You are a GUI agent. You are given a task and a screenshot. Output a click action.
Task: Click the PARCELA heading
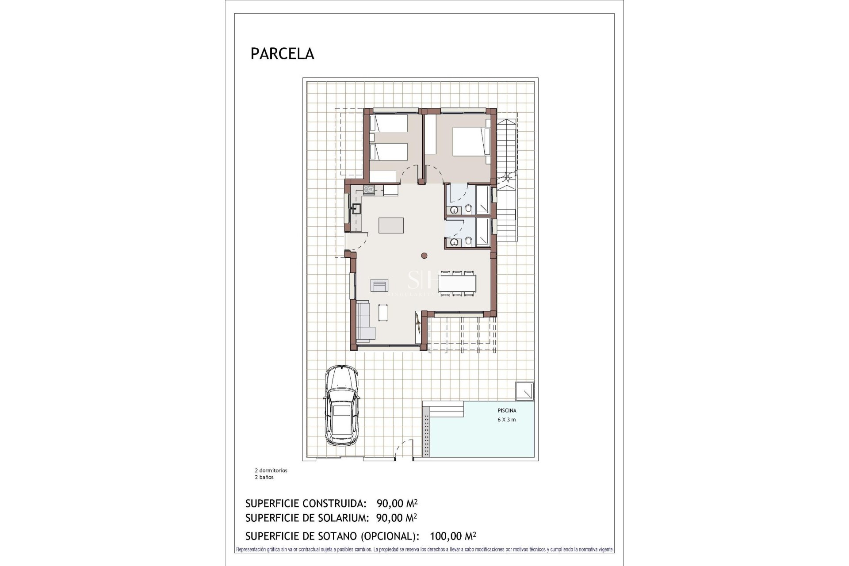[x=282, y=54]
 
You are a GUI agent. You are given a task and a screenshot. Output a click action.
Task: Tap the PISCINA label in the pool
[x=507, y=411]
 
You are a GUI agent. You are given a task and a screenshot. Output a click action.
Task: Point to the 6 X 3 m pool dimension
[x=507, y=420]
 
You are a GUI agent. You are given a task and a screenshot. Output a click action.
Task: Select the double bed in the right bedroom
[x=470, y=141]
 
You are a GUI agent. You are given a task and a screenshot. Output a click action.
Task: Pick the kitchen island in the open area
[x=391, y=225]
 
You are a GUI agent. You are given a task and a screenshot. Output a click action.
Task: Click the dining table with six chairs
[x=458, y=283]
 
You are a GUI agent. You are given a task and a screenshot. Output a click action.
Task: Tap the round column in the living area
[x=424, y=255]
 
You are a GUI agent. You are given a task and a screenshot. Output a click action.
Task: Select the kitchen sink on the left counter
[x=356, y=208]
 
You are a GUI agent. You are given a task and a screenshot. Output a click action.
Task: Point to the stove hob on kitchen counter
[x=369, y=190]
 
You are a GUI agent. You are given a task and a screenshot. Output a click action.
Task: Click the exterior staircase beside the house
[x=507, y=177]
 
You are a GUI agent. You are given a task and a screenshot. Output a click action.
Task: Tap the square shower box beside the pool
[x=525, y=392]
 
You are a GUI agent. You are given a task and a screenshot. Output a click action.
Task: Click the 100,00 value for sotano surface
[x=446, y=536]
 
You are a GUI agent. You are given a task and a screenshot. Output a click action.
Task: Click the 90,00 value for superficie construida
[x=390, y=503]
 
